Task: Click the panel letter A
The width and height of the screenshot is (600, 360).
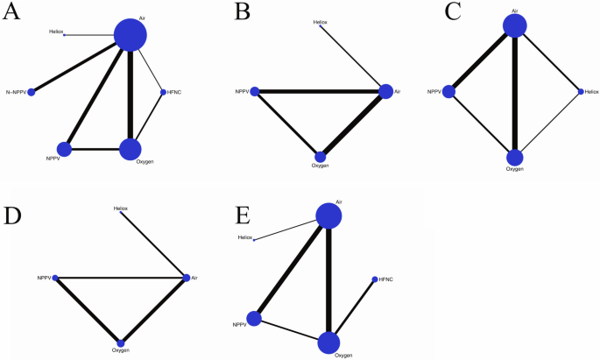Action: click(x=16, y=18)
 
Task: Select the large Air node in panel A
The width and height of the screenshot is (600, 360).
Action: click(x=131, y=36)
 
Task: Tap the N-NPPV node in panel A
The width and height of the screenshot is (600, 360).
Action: click(x=32, y=91)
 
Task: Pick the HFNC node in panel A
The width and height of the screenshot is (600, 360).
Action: click(x=162, y=92)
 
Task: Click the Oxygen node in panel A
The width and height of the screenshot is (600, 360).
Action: click(x=130, y=149)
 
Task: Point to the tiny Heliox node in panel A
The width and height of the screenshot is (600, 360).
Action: click(x=64, y=35)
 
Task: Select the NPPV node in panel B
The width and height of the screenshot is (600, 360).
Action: click(x=255, y=91)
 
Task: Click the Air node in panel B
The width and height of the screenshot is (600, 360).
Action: click(x=385, y=91)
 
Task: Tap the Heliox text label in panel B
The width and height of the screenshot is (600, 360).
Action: click(x=321, y=21)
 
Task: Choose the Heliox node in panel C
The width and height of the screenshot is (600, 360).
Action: click(x=580, y=91)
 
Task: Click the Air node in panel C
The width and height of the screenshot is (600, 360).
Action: click(x=515, y=25)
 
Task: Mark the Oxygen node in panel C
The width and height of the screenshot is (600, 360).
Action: click(x=515, y=158)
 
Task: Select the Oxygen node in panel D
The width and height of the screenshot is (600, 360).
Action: click(x=121, y=342)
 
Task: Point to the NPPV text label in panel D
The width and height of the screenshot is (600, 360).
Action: click(x=44, y=278)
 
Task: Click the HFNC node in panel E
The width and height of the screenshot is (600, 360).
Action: click(x=375, y=279)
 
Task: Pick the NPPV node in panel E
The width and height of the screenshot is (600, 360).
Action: click(x=255, y=318)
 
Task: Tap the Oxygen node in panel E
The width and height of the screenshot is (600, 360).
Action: click(x=329, y=342)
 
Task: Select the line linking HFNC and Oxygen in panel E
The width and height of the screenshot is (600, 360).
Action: click(x=354, y=309)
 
